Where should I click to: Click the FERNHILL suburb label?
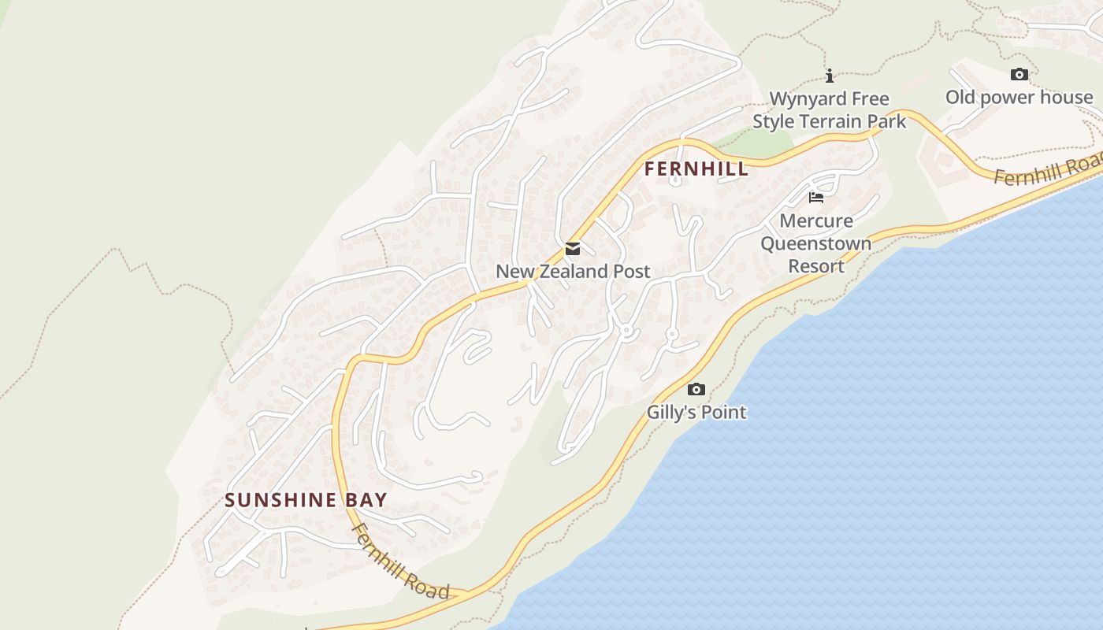point(696,169)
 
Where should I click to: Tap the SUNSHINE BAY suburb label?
point(306,500)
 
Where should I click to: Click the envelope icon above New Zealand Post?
point(573,249)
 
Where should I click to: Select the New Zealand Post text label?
point(573,272)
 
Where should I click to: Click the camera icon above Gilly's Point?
point(696,389)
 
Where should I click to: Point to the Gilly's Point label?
point(696,412)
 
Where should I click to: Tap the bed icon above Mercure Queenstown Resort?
point(816,197)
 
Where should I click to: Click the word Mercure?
point(816,220)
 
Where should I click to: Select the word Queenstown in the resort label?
point(816,243)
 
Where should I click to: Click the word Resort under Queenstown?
point(816,266)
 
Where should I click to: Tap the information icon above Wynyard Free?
point(830,76)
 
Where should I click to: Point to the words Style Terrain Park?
point(830,122)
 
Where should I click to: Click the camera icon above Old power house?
point(1019,75)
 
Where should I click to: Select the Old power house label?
point(1019,98)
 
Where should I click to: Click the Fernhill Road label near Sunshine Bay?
point(400,561)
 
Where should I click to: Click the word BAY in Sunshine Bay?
point(365,500)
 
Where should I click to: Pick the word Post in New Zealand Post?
point(631,272)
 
